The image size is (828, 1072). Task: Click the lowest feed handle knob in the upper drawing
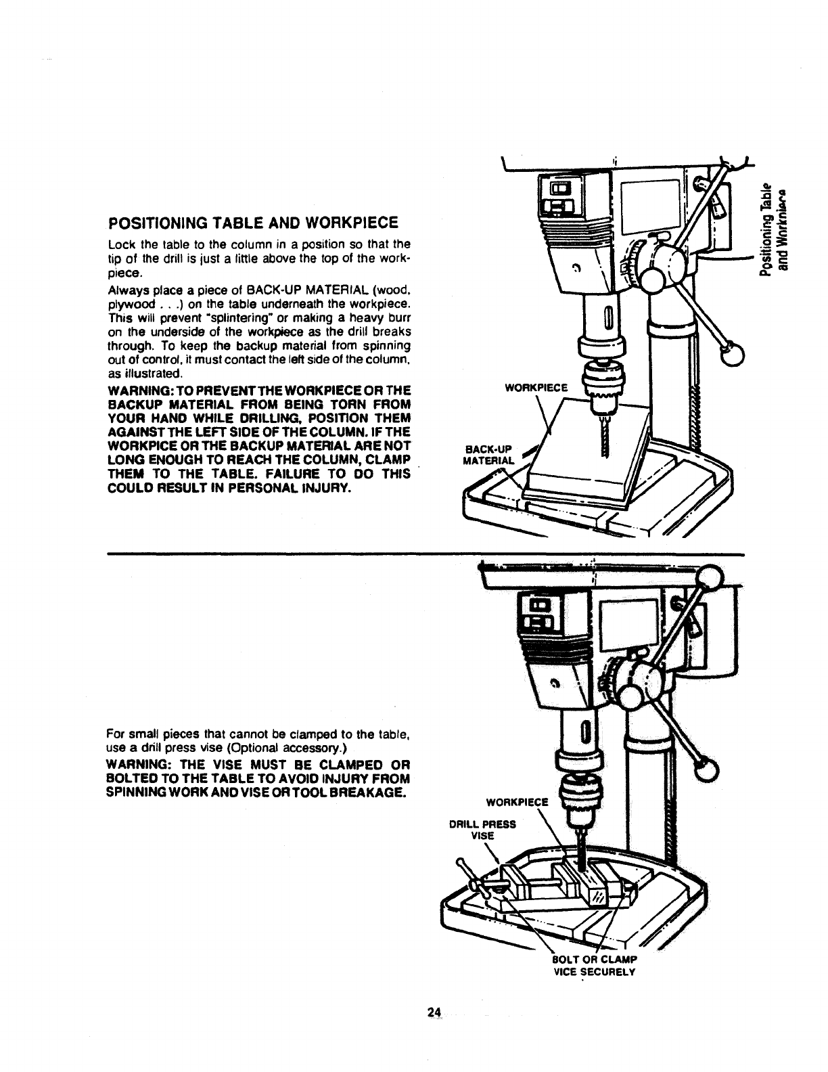(x=730, y=353)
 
